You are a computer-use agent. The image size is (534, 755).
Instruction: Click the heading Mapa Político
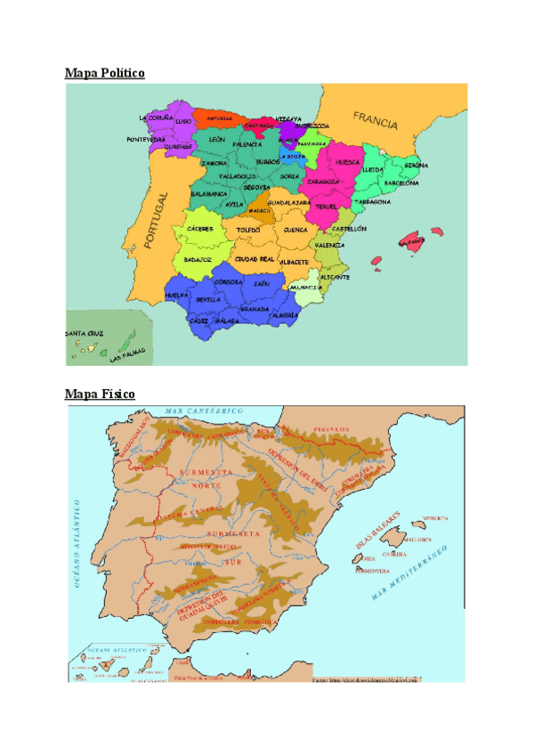(104, 72)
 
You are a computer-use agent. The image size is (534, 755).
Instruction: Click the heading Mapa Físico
(100, 393)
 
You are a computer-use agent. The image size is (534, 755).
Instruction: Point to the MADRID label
(260, 211)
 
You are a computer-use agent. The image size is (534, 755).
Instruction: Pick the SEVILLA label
(208, 299)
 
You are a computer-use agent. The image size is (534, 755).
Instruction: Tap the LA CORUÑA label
(156, 118)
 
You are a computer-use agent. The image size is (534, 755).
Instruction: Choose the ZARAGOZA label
(323, 182)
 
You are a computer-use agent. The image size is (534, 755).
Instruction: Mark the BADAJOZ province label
(198, 259)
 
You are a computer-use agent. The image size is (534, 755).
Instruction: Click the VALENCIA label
(329, 245)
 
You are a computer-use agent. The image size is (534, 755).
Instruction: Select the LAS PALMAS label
(126, 355)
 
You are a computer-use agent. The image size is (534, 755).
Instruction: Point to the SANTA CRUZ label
(84, 333)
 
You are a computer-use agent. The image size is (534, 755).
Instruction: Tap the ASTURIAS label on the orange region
(219, 118)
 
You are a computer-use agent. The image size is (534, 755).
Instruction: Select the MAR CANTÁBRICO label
(212, 410)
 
